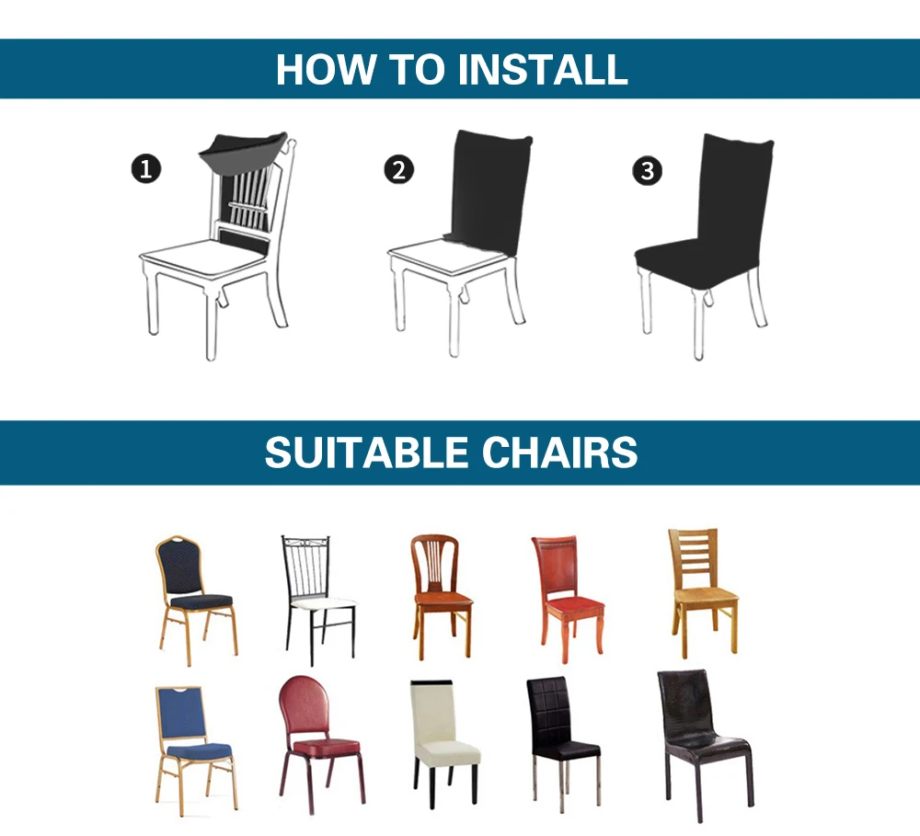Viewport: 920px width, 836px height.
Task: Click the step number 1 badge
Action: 145,168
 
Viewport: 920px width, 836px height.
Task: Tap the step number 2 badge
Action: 399,169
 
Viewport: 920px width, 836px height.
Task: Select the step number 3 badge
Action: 648,170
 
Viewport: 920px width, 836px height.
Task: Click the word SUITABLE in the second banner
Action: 368,452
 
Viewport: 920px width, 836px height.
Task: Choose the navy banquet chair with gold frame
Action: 195,597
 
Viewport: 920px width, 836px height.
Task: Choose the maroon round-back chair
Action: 318,736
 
